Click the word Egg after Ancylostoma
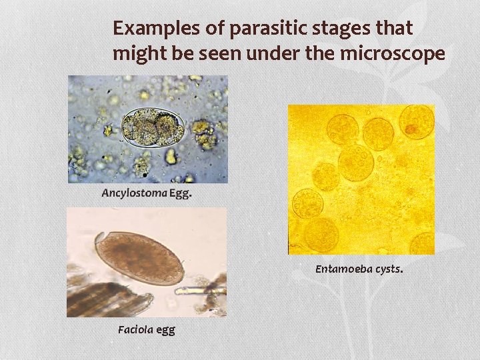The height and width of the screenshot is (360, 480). tap(179, 193)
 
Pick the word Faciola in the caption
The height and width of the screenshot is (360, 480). tap(135, 329)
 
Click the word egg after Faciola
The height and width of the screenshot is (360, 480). tap(165, 329)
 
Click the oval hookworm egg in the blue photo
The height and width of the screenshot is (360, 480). tap(153, 127)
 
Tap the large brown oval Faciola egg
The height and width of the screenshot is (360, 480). tap(139, 258)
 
